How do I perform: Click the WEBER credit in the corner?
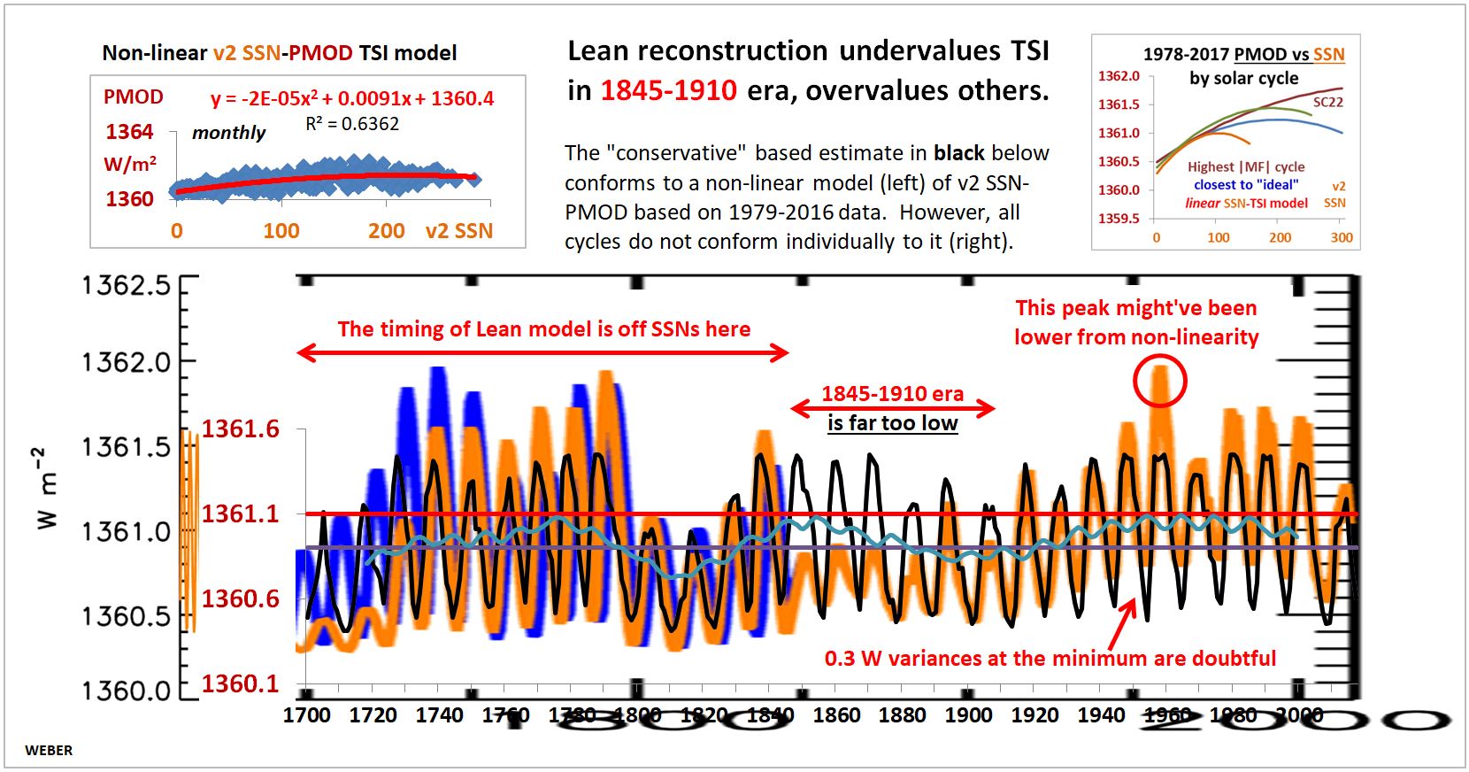(49, 750)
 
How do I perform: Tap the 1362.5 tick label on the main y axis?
(126, 285)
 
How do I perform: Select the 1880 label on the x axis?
(902, 714)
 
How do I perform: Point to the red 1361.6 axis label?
(240, 429)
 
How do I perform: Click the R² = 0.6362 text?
(352, 124)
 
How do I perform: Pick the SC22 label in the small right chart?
(1327, 102)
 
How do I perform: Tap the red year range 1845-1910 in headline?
(668, 90)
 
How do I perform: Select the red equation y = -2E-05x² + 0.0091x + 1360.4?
(351, 98)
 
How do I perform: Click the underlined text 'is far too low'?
(892, 423)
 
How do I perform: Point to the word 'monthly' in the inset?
(228, 133)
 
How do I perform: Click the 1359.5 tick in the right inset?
(1119, 218)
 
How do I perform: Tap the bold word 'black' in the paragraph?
(958, 153)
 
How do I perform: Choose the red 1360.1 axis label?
(240, 683)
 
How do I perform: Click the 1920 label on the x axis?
(1034, 714)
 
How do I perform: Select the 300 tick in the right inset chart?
(1342, 237)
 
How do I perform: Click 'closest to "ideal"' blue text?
(1246, 185)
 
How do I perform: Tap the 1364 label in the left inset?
(129, 132)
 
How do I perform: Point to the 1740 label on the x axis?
(439, 714)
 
